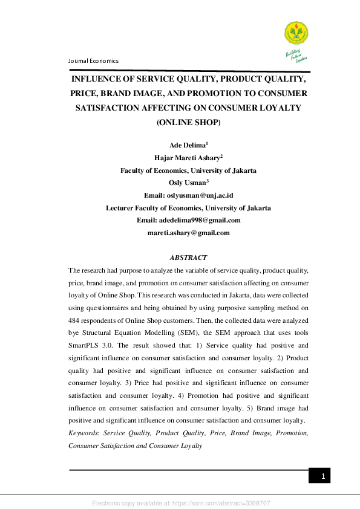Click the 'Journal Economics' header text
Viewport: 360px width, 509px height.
click(94, 61)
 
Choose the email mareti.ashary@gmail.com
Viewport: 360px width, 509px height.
click(189, 232)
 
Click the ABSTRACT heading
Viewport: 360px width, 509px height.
click(188, 258)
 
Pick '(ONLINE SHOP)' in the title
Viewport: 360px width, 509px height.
click(188, 123)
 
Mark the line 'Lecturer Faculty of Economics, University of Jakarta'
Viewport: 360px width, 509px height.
click(188, 207)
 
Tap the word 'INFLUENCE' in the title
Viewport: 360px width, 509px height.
click(96, 79)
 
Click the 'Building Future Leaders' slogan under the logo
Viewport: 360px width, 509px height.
click(297, 55)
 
